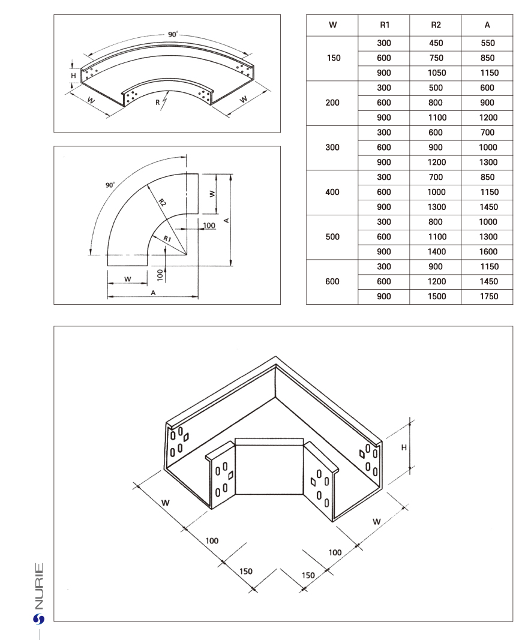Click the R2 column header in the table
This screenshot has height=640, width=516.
pos(436,25)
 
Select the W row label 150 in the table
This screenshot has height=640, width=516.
pos(332,58)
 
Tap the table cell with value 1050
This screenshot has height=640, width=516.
pos(436,73)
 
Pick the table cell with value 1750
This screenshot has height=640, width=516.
pos(487,296)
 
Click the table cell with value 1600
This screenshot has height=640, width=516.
pos(487,252)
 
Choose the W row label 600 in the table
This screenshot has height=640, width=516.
pos(332,281)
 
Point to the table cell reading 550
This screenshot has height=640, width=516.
pos(487,43)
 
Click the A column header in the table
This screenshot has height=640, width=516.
pos(487,25)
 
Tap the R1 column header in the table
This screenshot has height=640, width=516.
pos(384,25)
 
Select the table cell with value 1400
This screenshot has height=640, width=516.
pos(436,252)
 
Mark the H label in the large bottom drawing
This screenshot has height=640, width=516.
pos(404,447)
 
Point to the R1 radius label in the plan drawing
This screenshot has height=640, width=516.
pos(169,239)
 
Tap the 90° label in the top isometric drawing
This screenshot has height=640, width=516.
pos(173,35)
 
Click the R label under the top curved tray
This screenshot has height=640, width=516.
pos(158,103)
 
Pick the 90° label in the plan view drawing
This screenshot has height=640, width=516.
pos(110,185)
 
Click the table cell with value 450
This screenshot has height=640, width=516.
pos(436,43)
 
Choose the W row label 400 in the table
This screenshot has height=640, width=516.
pos(332,192)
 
